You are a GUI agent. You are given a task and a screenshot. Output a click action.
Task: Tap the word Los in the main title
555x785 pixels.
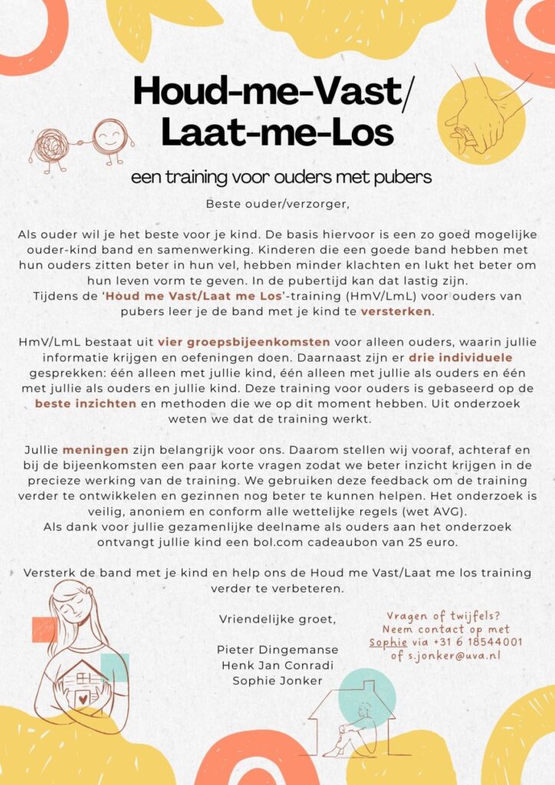click(x=360, y=133)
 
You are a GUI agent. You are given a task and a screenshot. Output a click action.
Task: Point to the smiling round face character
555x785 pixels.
click(x=110, y=136)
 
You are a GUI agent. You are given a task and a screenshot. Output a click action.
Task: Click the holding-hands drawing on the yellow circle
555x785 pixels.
click(x=483, y=116)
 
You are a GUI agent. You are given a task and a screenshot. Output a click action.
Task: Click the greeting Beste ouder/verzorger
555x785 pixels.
click(x=277, y=204)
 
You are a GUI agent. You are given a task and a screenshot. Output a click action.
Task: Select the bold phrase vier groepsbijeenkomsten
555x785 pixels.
click(x=244, y=342)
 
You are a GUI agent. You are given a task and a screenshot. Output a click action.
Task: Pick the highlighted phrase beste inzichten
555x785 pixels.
click(x=85, y=403)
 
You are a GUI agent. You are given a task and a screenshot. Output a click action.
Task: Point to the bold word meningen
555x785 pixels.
click(x=90, y=449)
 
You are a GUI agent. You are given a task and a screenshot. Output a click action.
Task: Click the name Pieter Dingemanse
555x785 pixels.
click(x=277, y=649)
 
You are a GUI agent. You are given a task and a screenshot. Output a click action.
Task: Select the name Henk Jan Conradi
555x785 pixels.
click(x=277, y=665)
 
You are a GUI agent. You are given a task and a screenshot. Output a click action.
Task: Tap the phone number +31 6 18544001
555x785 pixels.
click(x=481, y=642)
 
